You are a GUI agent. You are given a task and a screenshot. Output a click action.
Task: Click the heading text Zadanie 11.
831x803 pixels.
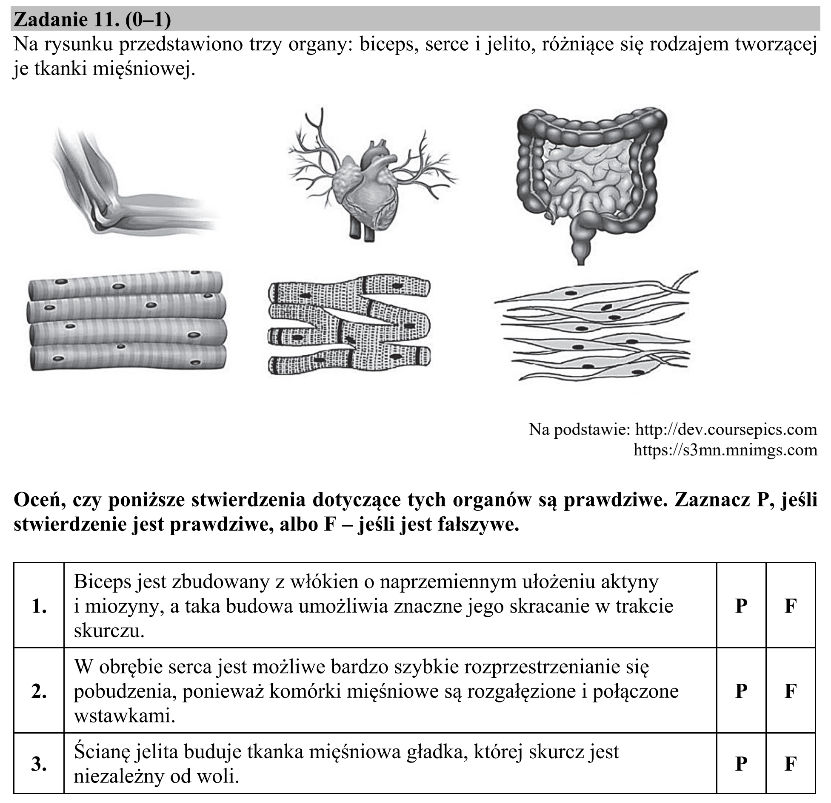coord(66,20)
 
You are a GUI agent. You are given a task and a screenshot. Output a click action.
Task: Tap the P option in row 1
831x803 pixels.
coord(741,606)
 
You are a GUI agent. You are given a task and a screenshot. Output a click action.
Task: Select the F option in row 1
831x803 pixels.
coord(791,606)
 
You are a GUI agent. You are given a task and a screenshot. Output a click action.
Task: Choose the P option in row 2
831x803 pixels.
coord(741,691)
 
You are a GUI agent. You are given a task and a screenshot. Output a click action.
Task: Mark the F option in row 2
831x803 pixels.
coord(791,691)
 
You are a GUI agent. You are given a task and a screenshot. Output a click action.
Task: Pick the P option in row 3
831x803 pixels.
coord(741,764)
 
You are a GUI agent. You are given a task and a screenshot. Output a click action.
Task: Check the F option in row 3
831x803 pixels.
coord(791,764)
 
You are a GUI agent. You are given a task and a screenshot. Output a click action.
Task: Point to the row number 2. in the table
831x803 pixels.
coord(39,691)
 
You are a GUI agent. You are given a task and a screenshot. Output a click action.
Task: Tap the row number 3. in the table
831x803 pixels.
coord(39,764)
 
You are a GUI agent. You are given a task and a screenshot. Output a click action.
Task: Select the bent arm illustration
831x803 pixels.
coord(132,183)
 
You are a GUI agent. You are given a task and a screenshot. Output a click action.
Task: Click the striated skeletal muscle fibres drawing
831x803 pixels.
coord(126,321)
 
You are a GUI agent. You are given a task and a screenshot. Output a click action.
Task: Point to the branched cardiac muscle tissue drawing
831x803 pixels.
coord(349,325)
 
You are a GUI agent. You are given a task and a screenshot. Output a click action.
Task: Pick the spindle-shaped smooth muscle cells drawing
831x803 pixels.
coord(596,325)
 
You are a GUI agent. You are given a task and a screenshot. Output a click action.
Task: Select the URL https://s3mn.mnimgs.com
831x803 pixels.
coord(725,450)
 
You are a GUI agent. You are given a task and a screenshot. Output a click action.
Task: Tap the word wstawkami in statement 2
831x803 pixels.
coord(125,716)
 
